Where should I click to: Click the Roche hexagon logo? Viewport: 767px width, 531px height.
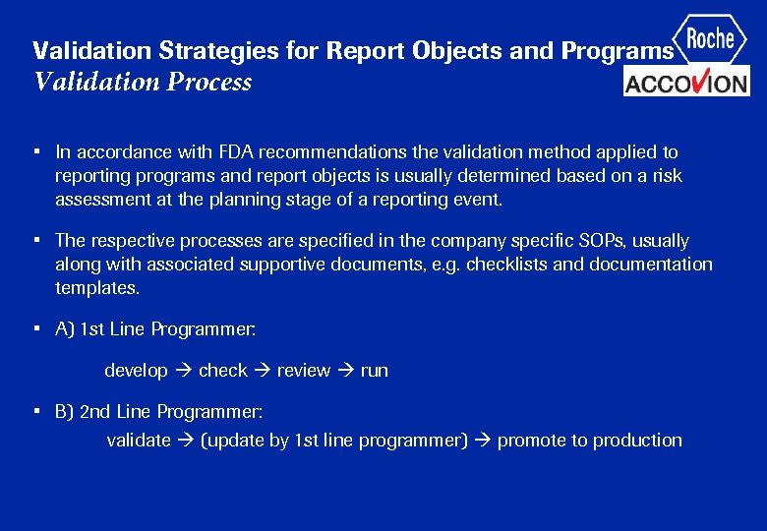(710, 40)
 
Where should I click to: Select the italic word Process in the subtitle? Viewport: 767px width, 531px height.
(209, 82)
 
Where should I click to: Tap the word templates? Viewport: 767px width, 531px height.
(97, 288)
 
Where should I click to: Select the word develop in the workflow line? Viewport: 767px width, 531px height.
(136, 371)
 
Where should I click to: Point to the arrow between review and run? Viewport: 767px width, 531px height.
(345, 371)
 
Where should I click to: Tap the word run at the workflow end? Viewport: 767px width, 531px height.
(374, 371)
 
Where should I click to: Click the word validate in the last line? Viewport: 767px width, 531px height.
(138, 441)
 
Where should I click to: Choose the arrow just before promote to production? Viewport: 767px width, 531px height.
(483, 441)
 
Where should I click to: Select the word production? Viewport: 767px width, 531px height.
(636, 441)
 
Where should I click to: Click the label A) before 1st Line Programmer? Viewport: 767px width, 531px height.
(65, 330)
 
